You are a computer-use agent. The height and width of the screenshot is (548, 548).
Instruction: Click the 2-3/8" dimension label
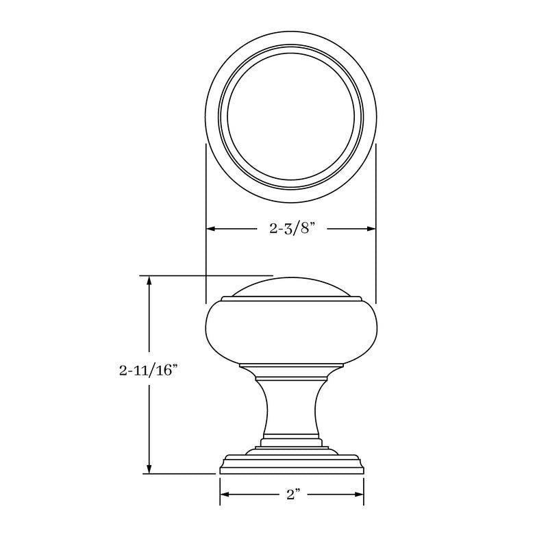(x=291, y=229)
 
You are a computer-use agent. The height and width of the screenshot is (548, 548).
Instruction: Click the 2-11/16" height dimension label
(x=148, y=371)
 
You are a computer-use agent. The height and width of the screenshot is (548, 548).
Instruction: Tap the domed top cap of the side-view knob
(x=291, y=288)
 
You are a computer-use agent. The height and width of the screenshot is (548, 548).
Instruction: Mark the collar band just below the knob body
(x=291, y=374)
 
